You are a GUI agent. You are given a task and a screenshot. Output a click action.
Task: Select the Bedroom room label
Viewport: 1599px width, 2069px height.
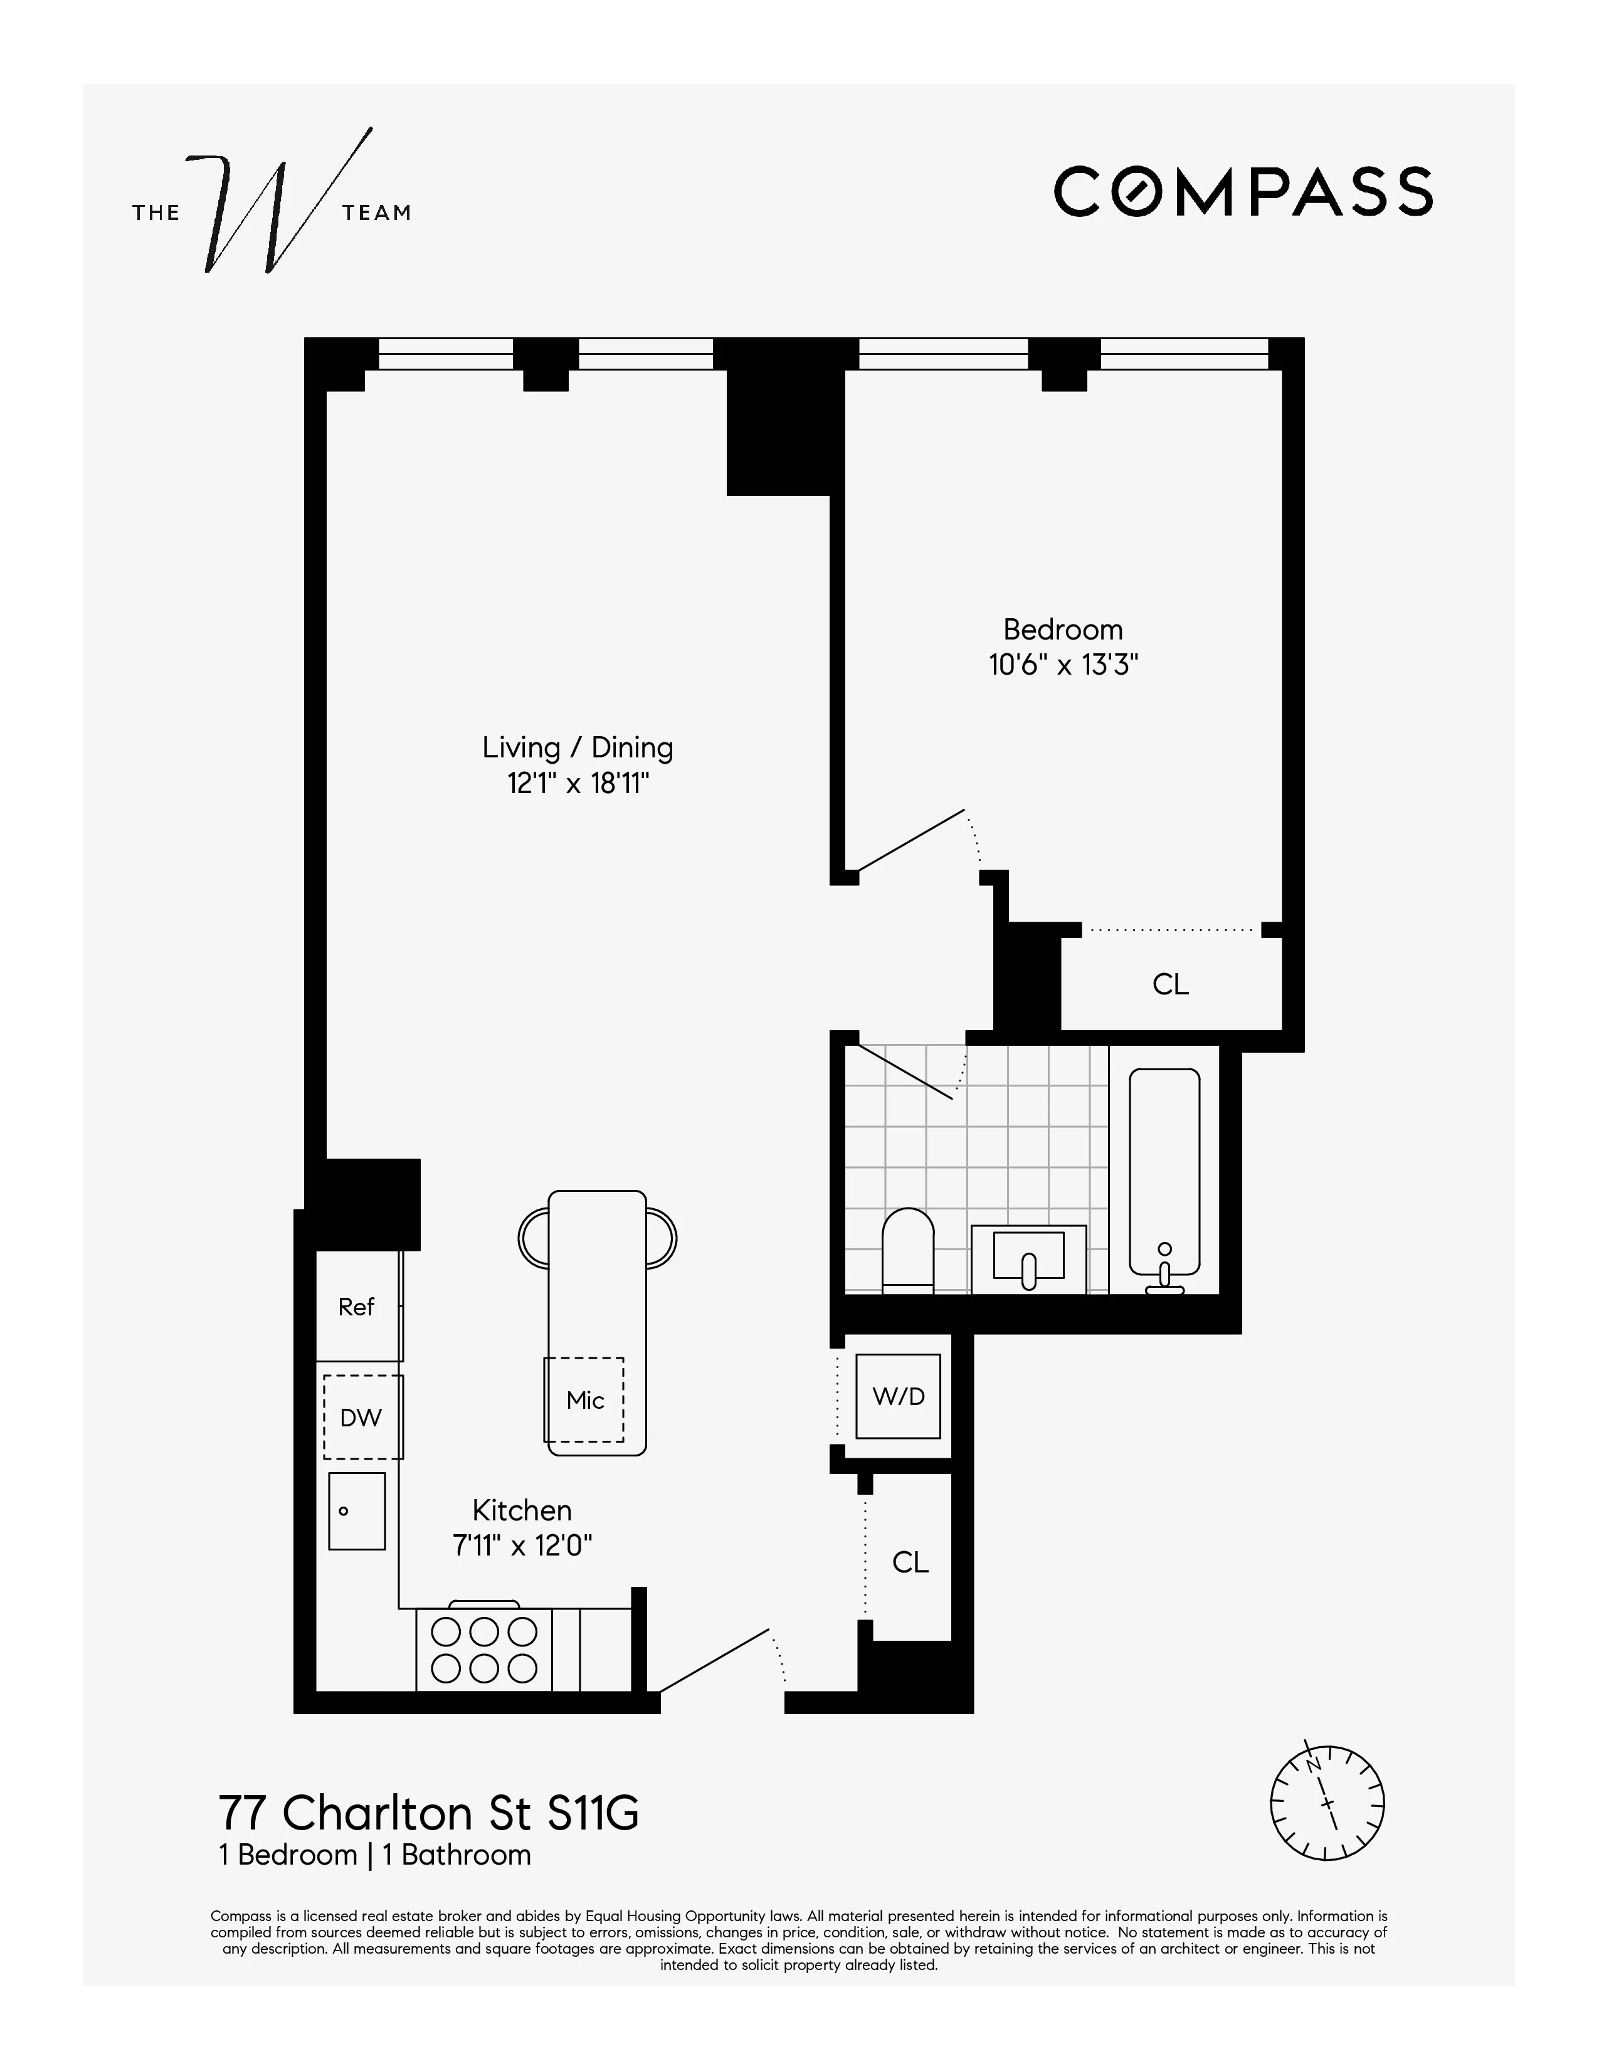pos(1063,630)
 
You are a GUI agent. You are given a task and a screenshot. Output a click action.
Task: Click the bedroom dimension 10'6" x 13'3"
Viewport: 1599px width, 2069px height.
pos(1063,665)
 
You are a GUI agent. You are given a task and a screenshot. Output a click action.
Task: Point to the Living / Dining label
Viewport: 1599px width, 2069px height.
pos(578,747)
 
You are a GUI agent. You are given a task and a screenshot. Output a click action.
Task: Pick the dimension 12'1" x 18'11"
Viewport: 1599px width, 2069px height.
pos(578,784)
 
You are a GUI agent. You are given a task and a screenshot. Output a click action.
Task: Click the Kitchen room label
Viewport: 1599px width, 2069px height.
pos(522,1510)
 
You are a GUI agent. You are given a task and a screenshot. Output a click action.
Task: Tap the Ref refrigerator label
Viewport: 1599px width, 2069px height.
pos(356,1307)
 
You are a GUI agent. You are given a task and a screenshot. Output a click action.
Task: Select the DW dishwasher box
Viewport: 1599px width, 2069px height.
pos(362,1417)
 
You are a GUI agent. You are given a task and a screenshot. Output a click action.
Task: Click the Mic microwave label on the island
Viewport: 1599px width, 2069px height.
pos(584,1400)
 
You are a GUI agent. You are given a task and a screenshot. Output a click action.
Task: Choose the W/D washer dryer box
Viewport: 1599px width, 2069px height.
pos(898,1396)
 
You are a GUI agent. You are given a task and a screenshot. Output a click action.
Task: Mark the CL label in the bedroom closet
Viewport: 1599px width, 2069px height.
pos(1170,984)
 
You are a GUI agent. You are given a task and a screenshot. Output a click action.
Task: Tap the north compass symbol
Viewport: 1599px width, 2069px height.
pos(1326,1804)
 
